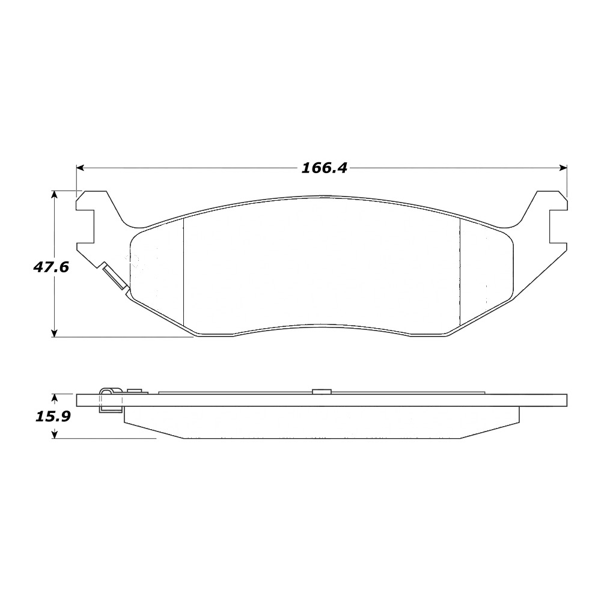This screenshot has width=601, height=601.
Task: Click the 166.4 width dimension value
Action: click(325, 168)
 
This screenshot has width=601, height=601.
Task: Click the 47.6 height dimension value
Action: click(51, 267)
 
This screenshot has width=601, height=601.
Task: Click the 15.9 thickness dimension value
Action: click(53, 416)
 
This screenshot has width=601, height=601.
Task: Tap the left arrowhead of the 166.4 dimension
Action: click(80, 168)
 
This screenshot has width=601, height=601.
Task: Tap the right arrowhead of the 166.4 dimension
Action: click(564, 168)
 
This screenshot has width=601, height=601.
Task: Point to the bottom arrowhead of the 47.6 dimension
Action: click(55, 334)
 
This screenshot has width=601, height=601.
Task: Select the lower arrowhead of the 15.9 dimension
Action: click(55, 435)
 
